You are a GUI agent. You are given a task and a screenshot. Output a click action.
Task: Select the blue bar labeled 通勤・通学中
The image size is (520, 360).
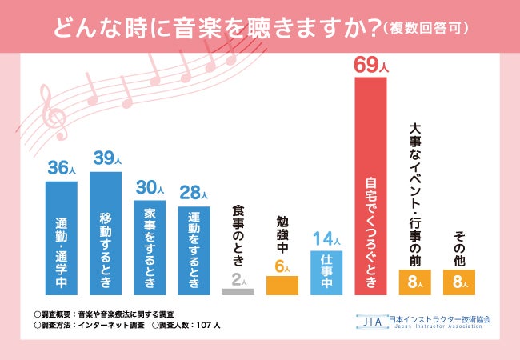62,238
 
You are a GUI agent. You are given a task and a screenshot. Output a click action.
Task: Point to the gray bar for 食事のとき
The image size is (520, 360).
238,292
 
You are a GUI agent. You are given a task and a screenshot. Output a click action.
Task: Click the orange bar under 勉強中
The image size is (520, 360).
282,286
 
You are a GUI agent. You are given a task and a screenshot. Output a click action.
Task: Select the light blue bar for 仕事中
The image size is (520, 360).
326,273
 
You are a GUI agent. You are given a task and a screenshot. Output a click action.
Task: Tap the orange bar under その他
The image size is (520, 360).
458,282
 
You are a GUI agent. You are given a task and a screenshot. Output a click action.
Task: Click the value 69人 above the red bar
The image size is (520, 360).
370,65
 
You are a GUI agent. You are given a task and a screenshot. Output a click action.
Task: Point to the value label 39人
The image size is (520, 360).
106,159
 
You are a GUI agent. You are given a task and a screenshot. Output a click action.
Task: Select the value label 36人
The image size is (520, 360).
62,169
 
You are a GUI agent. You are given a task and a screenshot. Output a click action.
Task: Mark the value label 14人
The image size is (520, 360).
326,238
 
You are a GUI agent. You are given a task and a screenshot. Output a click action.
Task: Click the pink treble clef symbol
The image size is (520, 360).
54,113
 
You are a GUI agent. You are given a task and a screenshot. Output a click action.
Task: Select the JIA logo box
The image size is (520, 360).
370,320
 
